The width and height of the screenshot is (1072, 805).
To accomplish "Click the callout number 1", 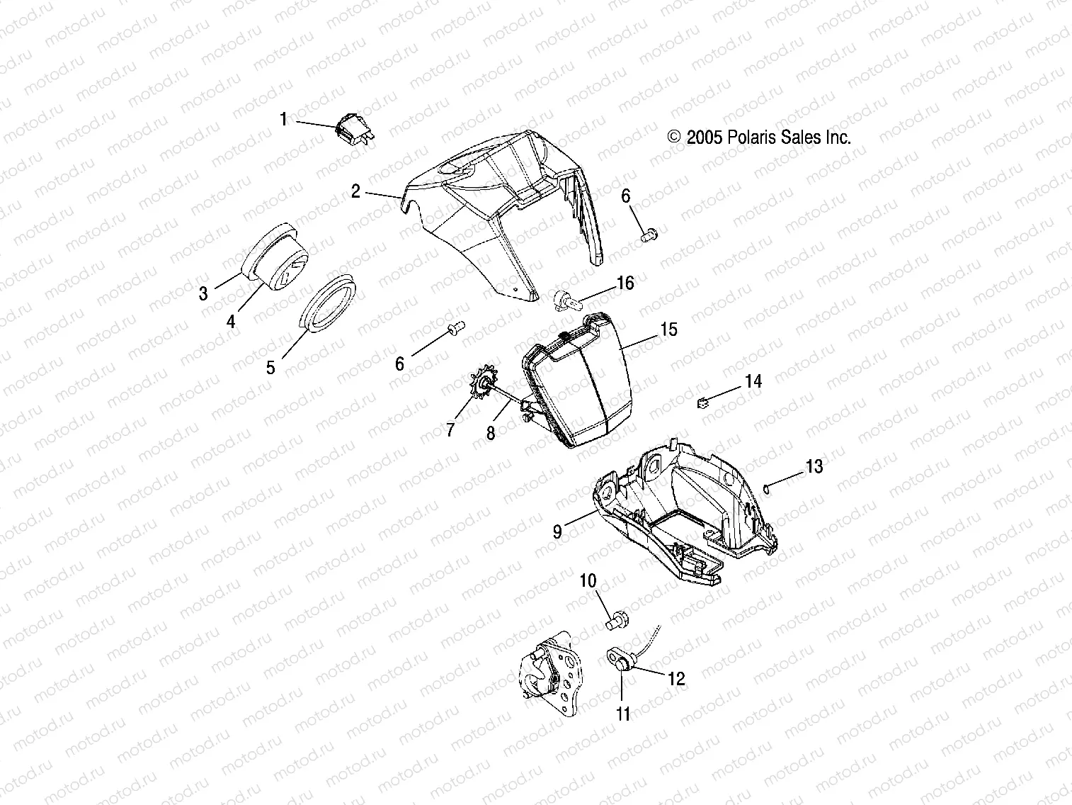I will click(x=284, y=119).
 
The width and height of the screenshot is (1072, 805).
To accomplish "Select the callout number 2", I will click(x=356, y=191).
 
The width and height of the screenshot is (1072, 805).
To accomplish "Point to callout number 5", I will click(x=271, y=367).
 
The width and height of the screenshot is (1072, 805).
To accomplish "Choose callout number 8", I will click(x=491, y=432).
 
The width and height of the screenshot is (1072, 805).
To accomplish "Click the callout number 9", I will click(x=558, y=531).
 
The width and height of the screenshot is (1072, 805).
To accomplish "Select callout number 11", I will click(x=623, y=714).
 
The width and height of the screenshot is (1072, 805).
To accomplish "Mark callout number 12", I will click(x=677, y=679).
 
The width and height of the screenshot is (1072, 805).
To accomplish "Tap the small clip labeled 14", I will click(x=704, y=403).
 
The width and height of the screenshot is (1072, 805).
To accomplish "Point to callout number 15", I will click(x=668, y=330).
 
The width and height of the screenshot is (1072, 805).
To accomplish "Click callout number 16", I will click(x=625, y=283).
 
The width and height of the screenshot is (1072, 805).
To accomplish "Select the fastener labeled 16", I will click(x=583, y=300).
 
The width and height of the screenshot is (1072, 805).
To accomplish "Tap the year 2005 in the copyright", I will click(x=705, y=137).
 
